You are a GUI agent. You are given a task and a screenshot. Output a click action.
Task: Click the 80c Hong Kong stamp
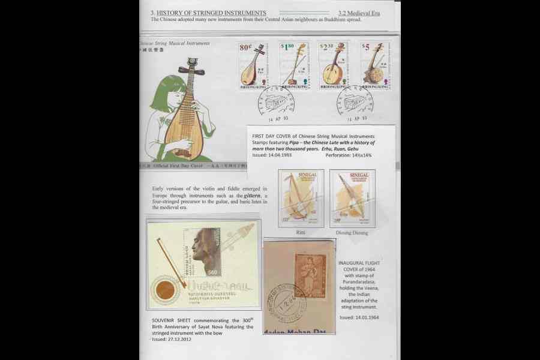point(253,65)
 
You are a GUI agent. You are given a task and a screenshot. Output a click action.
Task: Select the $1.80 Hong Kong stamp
point(294,65)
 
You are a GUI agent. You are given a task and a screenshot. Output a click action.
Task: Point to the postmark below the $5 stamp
point(355,101)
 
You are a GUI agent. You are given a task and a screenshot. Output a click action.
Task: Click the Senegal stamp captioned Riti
point(301,198)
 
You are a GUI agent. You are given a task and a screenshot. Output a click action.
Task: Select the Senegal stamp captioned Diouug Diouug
point(352,198)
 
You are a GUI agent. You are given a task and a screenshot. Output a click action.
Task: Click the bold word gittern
point(252,196)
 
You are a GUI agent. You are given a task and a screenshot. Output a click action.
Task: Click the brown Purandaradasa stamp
point(310,275)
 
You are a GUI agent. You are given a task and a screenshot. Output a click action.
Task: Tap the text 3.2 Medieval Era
point(359,13)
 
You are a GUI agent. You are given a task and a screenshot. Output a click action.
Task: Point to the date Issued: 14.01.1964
point(359,317)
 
